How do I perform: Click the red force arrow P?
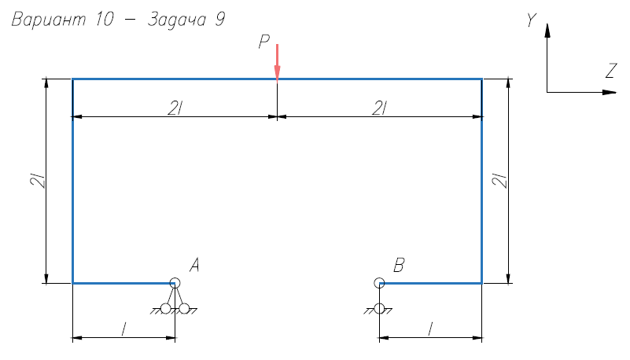[x=277, y=62]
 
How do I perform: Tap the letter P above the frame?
[x=264, y=42]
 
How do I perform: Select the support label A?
[x=194, y=265]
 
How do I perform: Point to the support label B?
[x=399, y=265]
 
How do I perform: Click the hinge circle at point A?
[x=175, y=283]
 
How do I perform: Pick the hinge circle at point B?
[x=379, y=283]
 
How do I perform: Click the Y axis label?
[x=532, y=20]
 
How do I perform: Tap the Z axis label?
[x=610, y=71]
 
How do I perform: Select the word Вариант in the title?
[x=49, y=20]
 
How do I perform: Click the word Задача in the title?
[x=177, y=20]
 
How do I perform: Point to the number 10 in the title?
[x=105, y=19]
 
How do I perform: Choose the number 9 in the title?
[x=219, y=19]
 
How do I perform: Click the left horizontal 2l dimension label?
[x=175, y=108]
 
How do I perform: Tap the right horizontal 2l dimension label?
[x=380, y=108]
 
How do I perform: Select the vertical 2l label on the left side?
[x=38, y=181]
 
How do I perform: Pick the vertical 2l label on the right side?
[x=499, y=181]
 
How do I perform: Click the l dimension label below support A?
[x=124, y=329]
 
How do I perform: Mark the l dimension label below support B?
[x=430, y=329]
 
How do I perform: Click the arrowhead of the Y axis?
[x=547, y=30]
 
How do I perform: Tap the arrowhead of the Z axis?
[x=610, y=92]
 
